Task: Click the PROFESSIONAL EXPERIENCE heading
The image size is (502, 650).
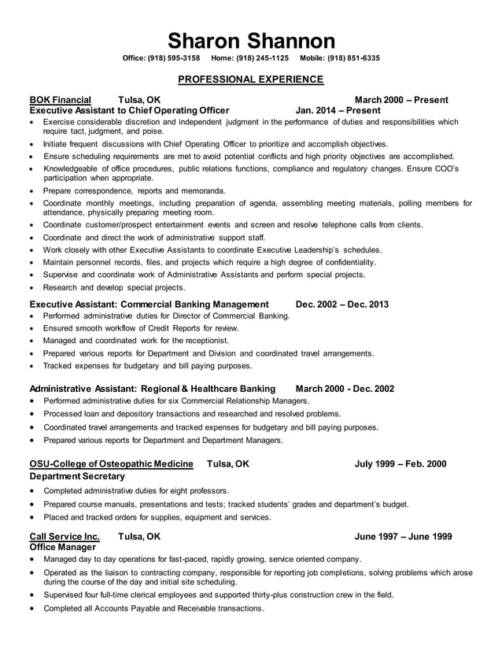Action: coord(250,79)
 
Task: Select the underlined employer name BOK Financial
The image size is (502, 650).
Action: coord(60,100)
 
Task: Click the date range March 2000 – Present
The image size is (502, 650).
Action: coord(401,100)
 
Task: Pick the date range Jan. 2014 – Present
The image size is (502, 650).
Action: coord(338,111)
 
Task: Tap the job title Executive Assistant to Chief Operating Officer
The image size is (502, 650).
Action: coord(129,111)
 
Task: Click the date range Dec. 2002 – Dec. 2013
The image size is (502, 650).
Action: coord(341,304)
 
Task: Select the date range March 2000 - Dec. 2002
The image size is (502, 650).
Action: coord(345,389)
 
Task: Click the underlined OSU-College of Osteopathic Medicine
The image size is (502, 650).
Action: coord(113,464)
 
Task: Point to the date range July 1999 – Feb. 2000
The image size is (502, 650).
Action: coord(400,464)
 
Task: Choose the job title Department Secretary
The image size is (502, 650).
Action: coord(76,476)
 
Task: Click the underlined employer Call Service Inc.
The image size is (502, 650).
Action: coord(65,536)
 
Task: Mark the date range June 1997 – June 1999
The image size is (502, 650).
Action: coord(403,536)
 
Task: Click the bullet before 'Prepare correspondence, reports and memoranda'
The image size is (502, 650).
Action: coord(31,191)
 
